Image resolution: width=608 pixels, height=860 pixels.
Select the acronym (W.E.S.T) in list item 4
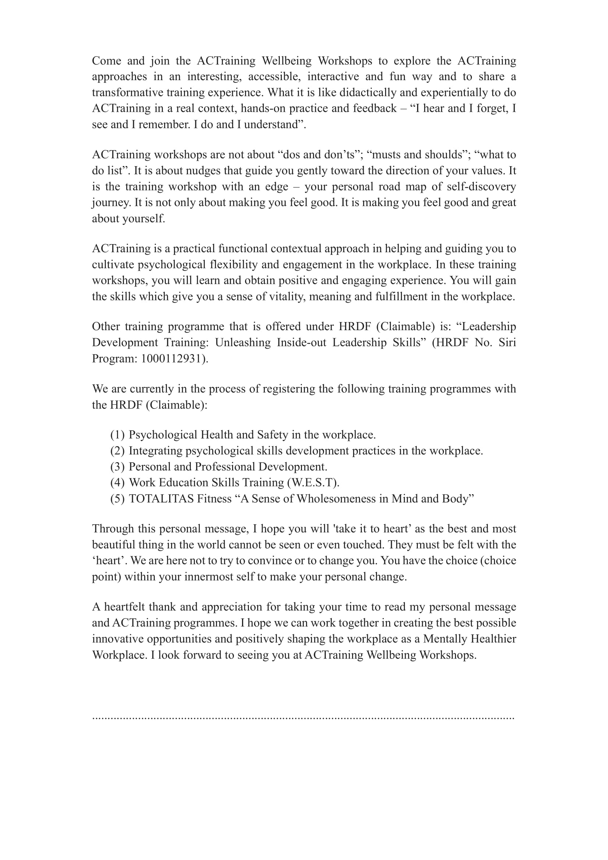point(313,482)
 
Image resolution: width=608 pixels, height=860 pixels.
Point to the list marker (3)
point(117,467)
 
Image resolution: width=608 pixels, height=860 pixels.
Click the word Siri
point(507,342)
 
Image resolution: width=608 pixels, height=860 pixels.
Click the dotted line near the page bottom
point(303,718)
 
